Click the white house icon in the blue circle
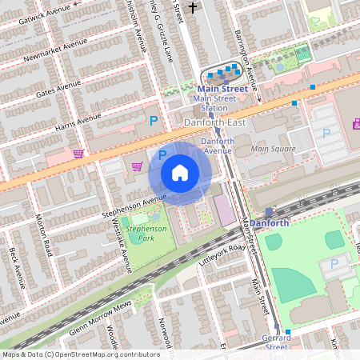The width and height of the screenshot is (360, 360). tap(180, 172)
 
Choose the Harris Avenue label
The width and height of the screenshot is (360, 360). tap(78, 122)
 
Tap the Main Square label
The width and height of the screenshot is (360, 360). tap(273, 148)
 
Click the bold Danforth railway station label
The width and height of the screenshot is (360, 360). tap(269, 223)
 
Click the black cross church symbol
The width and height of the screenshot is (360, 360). tap(192, 8)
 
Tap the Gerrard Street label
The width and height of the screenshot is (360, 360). tap(277, 342)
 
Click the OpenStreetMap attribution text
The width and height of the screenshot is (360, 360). tap(80, 354)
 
